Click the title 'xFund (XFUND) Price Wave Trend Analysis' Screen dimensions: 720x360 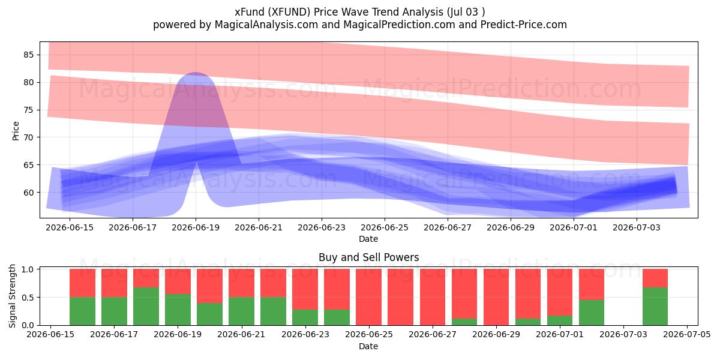(339, 12)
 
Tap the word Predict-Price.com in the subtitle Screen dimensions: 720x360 (524, 25)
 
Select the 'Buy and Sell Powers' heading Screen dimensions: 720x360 (368, 257)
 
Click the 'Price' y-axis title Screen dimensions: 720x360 (16, 131)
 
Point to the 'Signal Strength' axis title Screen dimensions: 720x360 (12, 296)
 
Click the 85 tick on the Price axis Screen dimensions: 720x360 (29, 55)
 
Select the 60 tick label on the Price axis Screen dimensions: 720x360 (29, 193)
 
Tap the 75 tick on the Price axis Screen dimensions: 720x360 (29, 110)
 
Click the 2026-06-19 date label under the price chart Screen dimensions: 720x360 (196, 227)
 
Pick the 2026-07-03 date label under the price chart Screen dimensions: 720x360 (637, 227)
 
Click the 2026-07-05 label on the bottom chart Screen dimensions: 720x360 (687, 334)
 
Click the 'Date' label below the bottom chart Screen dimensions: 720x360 (368, 346)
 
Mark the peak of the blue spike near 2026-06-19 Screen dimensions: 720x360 (196, 73)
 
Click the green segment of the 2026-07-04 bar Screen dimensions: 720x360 (655, 307)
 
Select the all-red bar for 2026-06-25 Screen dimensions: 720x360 (368, 297)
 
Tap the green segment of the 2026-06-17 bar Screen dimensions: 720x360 (114, 311)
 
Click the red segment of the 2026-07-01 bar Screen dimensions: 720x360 (560, 292)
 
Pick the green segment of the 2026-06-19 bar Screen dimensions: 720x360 (178, 310)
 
